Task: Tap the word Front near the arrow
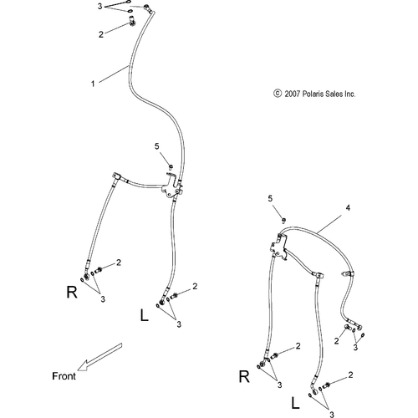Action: (x=64, y=376)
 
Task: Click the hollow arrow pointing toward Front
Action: (x=99, y=357)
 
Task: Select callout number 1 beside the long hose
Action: (x=93, y=84)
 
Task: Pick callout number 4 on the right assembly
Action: (x=348, y=208)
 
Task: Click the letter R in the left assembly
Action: (x=72, y=292)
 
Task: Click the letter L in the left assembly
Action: (x=144, y=315)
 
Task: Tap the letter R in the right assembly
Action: (x=244, y=377)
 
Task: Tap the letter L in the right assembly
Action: (x=295, y=403)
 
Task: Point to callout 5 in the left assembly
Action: (x=157, y=146)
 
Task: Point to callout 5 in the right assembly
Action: (x=270, y=199)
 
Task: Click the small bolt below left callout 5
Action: (x=171, y=167)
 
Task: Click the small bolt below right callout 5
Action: (x=283, y=221)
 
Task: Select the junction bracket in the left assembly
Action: (x=171, y=186)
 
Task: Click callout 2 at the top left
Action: (x=101, y=34)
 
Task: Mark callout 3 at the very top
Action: (x=99, y=6)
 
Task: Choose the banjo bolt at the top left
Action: (x=131, y=22)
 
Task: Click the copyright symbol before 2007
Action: (x=278, y=94)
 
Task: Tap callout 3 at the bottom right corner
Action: (x=332, y=415)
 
